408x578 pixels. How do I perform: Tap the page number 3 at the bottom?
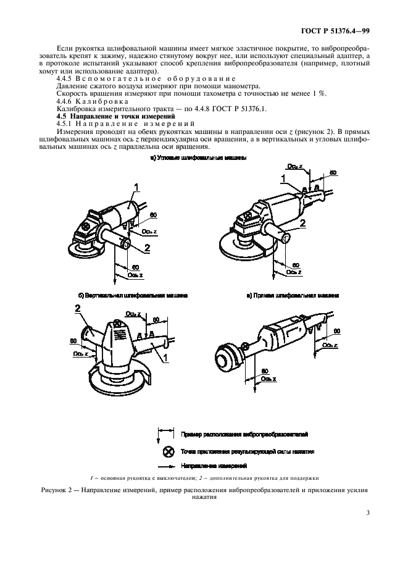368,512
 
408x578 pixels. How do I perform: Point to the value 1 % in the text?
318,93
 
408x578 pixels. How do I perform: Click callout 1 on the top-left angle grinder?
137,186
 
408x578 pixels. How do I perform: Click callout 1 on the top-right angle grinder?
283,178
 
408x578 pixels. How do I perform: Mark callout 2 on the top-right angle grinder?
303,222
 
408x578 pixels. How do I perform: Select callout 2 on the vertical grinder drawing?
78,307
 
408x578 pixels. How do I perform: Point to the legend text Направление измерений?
214,465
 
